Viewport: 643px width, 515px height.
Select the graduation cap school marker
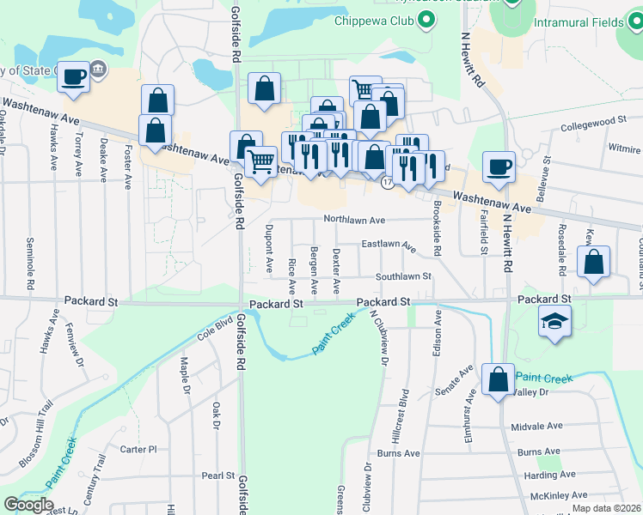click(554, 323)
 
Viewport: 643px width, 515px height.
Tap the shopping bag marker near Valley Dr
click(499, 379)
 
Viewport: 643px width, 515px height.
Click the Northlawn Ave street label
click(352, 219)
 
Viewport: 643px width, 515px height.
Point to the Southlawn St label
click(402, 276)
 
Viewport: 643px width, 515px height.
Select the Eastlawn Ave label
click(388, 246)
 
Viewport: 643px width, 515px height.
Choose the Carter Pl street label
click(138, 449)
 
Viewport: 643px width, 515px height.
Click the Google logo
click(28, 504)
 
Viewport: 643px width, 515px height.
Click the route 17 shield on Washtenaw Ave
click(388, 184)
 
